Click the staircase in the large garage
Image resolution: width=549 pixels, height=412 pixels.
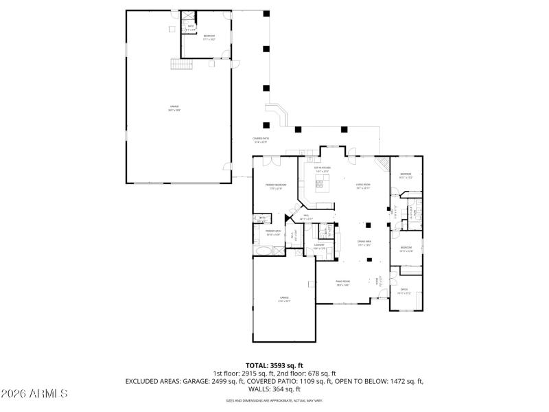(178, 64)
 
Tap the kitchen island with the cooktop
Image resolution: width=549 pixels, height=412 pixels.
(321, 183)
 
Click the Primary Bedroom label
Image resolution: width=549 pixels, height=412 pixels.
(276, 186)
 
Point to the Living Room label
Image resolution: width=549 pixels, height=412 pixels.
(363, 185)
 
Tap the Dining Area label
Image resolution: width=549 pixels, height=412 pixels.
(364, 242)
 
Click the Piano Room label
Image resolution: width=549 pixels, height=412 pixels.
(342, 282)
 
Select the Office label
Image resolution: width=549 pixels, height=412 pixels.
(404, 290)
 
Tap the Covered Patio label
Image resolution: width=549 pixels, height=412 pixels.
(261, 139)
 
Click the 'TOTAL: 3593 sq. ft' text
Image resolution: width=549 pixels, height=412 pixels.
(274, 365)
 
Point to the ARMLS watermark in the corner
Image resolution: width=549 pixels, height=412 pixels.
(34, 393)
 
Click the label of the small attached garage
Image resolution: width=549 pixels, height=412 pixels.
(284, 299)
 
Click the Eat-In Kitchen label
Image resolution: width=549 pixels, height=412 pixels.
(323, 169)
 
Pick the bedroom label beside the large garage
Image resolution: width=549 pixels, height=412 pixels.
(209, 36)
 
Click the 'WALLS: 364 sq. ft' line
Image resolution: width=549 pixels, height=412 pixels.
(274, 389)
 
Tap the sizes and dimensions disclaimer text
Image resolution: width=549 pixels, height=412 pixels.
(274, 400)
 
